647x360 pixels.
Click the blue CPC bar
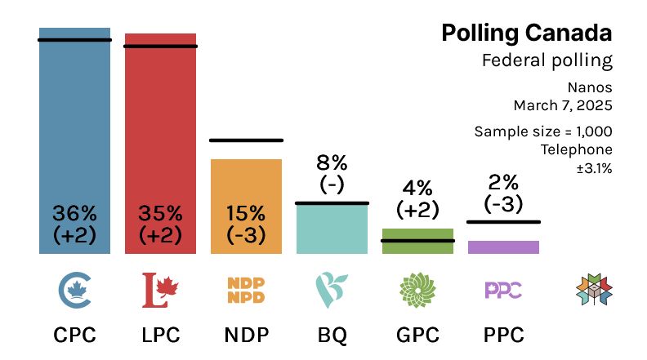74,122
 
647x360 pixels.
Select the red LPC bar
160,122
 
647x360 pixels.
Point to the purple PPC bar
503,247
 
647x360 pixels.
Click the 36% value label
74,214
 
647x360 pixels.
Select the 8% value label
332,161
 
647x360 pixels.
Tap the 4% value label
417,187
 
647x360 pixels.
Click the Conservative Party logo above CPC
74,288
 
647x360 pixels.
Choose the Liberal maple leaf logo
160,288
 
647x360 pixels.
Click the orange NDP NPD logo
246,288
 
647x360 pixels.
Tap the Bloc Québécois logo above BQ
332,288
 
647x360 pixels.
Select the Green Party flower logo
417,288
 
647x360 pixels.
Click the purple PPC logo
503,288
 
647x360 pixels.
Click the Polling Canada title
526,33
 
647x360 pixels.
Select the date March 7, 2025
563,104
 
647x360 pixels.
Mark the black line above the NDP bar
246,140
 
